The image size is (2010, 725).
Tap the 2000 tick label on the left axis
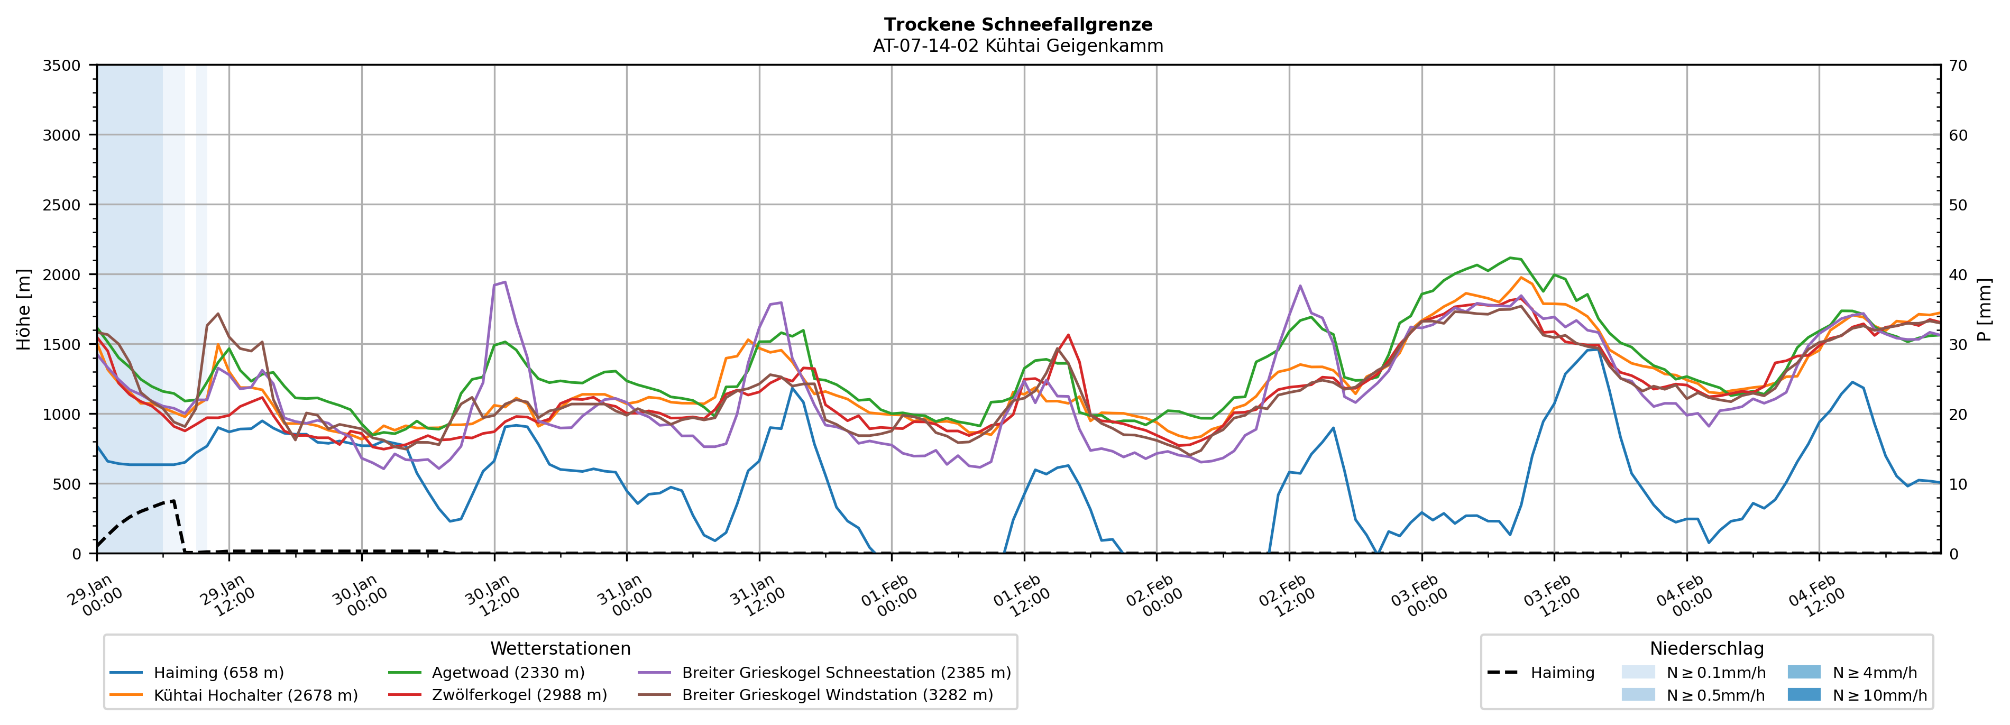tap(62, 274)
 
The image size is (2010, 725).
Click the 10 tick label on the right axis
tap(1958, 484)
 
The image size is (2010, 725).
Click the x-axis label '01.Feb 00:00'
tap(888, 597)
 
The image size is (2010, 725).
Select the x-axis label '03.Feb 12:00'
tap(1550, 597)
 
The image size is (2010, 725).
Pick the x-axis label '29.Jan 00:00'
tap(94, 597)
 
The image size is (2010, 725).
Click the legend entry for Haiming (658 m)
tap(218, 673)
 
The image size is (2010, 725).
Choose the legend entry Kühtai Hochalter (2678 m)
tap(255, 695)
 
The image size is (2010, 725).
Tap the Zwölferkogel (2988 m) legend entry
tap(519, 695)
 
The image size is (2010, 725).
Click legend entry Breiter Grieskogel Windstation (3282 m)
tap(837, 695)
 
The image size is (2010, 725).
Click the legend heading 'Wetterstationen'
tap(560, 648)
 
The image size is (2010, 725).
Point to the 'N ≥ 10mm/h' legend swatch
tap(1803, 694)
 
